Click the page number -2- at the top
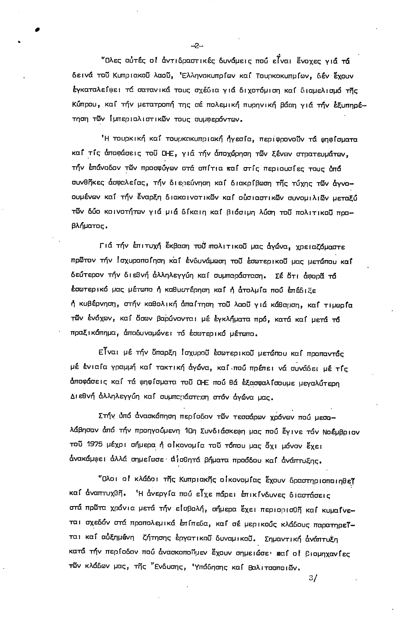196,46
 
